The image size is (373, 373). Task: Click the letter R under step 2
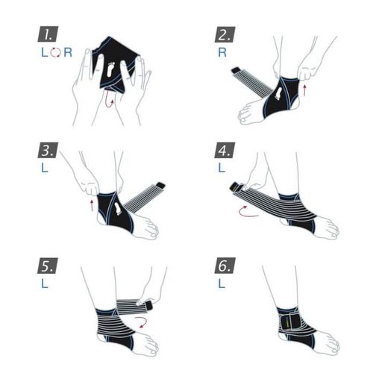[222, 54]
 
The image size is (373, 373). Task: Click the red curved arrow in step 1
[110, 102]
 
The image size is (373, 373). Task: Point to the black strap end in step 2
[236, 72]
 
